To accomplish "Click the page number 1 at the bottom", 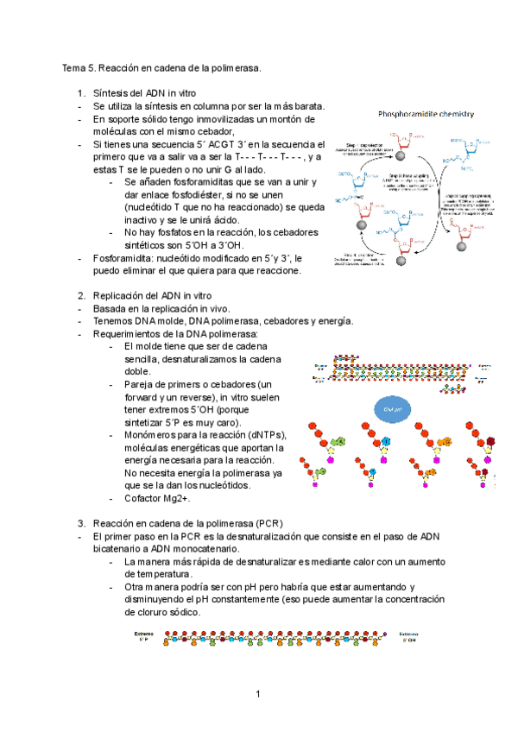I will [x=258, y=694].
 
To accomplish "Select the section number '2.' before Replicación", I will [x=82, y=295].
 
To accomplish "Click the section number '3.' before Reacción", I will [x=82, y=523].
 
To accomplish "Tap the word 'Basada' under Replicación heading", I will [x=111, y=308].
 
